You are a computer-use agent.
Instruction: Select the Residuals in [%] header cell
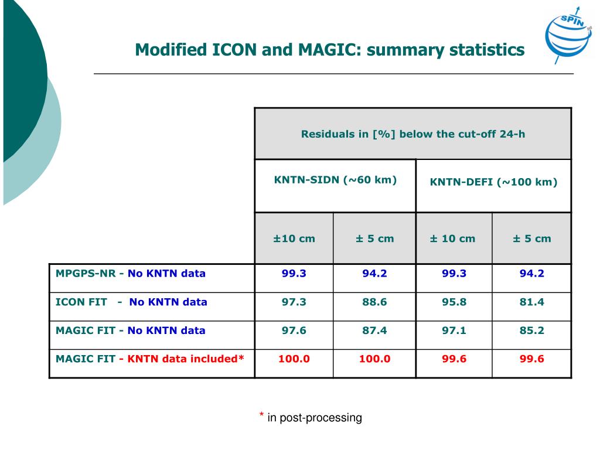point(413,134)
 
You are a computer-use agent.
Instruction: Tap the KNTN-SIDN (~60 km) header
point(335,180)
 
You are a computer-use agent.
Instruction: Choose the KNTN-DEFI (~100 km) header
point(493,182)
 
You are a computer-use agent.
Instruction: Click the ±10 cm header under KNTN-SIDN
point(294,238)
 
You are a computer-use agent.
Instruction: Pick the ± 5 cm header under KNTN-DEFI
point(531,238)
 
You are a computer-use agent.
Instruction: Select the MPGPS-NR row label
point(86,273)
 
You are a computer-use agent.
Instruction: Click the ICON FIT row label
point(81,302)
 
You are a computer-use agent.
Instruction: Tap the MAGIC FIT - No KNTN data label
point(130,330)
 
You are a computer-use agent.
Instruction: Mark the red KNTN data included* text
point(185,359)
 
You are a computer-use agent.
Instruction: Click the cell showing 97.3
point(294,302)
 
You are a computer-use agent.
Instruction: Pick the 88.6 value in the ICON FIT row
point(374,302)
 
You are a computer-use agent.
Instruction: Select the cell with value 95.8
point(454,302)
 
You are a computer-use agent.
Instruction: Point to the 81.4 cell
point(531,302)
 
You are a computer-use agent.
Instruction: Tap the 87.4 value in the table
point(374,330)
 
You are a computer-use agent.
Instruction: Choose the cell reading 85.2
point(531,330)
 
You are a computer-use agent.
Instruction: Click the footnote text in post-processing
point(315,418)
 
